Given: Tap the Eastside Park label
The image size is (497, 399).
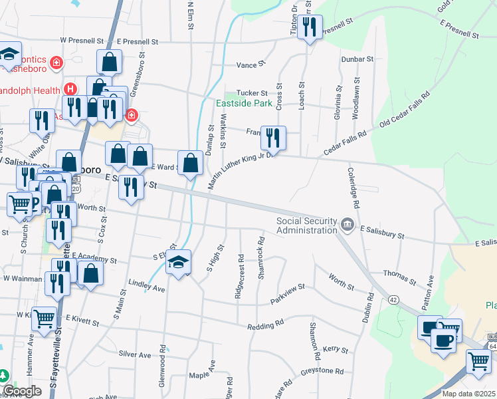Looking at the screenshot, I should point(244,104).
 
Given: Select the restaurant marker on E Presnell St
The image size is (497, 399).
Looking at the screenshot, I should point(309,27).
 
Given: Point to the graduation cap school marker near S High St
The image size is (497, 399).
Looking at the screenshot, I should point(179,262).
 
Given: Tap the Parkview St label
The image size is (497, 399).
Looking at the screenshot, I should point(287,293).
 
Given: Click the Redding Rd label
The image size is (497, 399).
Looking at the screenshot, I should point(265,325).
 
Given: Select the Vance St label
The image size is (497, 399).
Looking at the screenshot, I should point(251,65).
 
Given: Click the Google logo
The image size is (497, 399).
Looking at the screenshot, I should point(21,391).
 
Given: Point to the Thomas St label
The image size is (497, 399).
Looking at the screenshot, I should point(400,273).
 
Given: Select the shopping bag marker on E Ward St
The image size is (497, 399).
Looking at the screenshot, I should point(190,163).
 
